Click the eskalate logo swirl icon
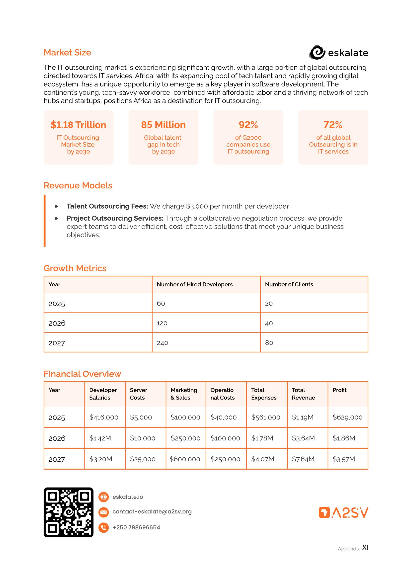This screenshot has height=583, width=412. point(317,53)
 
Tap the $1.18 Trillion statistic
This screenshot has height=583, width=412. point(78,125)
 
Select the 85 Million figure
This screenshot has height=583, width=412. point(163,125)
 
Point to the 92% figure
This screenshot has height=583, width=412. point(248,125)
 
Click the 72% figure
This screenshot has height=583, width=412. point(333,125)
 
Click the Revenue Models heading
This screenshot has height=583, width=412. point(78,186)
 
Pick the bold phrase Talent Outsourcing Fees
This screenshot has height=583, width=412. point(107,206)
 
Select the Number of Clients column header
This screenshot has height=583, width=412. point(289,284)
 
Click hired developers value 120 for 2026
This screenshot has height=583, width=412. point(162,323)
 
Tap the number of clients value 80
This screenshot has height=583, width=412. point(269,343)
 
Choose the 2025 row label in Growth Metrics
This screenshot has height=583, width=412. point(57,304)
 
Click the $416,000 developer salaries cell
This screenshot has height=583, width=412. point(104,417)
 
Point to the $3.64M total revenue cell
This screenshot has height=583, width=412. point(303,438)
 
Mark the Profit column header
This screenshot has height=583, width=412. point(339,390)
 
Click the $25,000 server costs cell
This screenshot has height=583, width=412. point(142,459)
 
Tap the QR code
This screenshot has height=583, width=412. point(68,512)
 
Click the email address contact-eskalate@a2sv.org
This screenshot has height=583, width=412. point(152,512)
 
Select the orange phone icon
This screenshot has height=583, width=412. point(103,527)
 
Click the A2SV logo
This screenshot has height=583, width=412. point(343,512)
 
